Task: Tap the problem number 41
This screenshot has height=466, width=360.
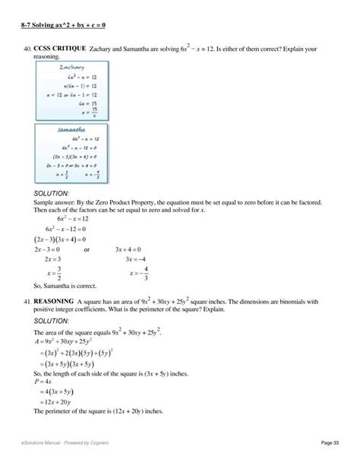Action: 27,303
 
